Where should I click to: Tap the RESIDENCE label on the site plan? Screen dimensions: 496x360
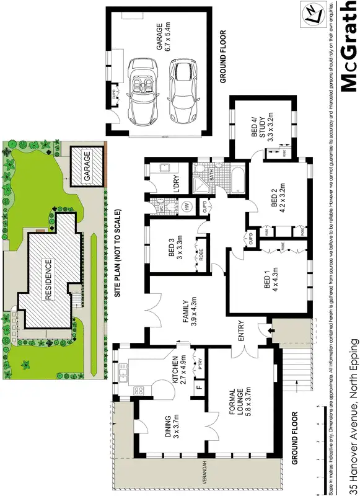click(47, 279)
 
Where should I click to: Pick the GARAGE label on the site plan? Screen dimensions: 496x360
click(88, 166)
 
